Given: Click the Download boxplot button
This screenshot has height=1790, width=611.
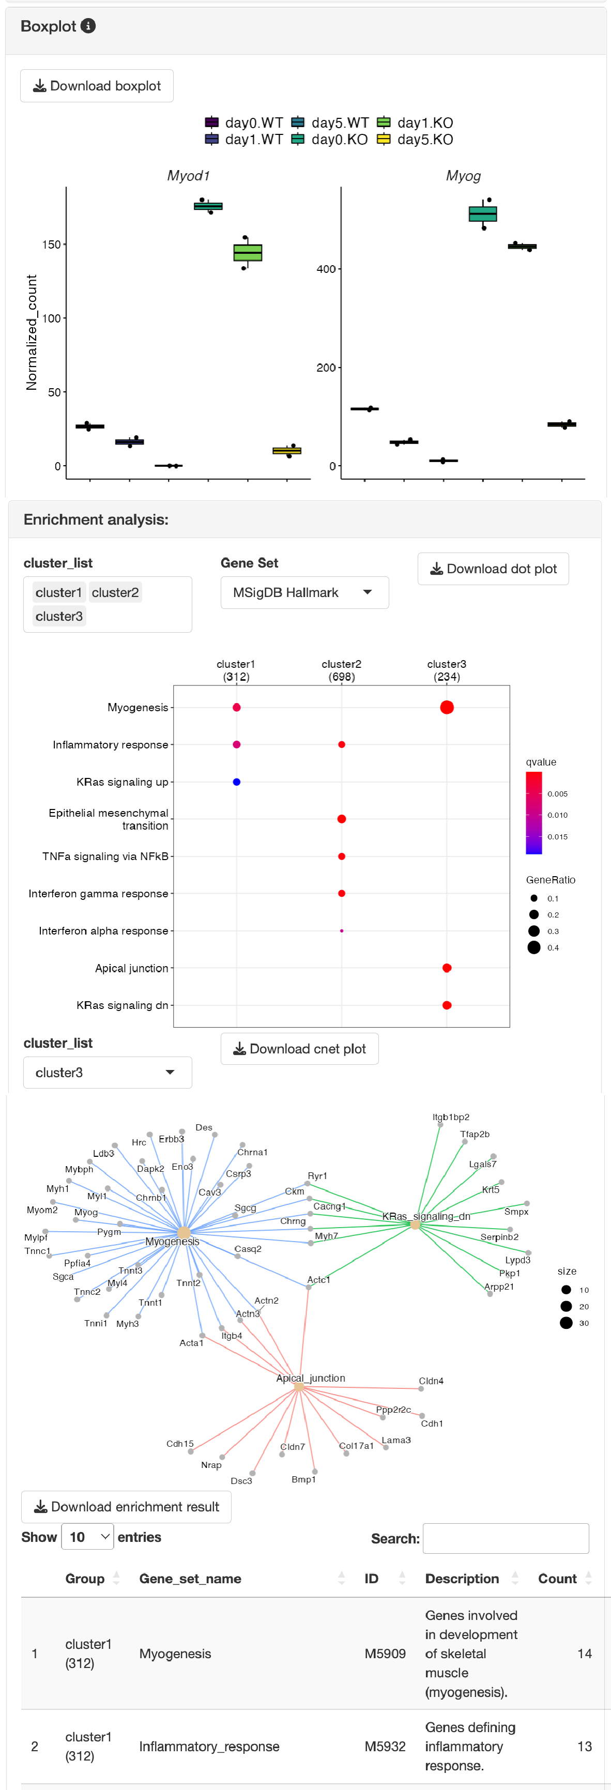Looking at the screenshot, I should pos(97,86).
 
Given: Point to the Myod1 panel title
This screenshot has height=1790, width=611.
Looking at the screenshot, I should pos(188,176).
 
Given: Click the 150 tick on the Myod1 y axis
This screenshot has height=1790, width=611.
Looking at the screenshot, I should pos(52,244).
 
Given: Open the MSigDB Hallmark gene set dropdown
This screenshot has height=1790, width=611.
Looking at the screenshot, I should pos(304,593).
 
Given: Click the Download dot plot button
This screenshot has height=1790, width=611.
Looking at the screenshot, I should pos(493,569).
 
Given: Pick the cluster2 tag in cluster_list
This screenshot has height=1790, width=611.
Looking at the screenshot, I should pos(115,593).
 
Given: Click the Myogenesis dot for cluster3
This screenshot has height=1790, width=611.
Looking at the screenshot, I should pos(447,708).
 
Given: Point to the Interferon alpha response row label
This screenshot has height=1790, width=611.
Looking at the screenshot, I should pos(103,931).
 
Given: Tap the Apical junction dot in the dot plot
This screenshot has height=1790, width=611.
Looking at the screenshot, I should pos(447,968).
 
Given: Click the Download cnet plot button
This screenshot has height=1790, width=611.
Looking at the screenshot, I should pos(300,1049).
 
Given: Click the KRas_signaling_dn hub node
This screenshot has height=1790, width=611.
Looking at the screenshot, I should pos(415,1225).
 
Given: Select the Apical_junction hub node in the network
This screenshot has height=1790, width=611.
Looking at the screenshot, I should pos(299,1387).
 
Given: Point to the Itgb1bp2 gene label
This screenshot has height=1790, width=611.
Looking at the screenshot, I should pos(451,1118).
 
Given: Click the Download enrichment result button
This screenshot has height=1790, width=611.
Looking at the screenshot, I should pos(127,1507).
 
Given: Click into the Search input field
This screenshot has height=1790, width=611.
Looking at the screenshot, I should pos(506,1538).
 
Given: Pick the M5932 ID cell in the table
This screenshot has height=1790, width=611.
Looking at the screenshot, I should pos(385,1747).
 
